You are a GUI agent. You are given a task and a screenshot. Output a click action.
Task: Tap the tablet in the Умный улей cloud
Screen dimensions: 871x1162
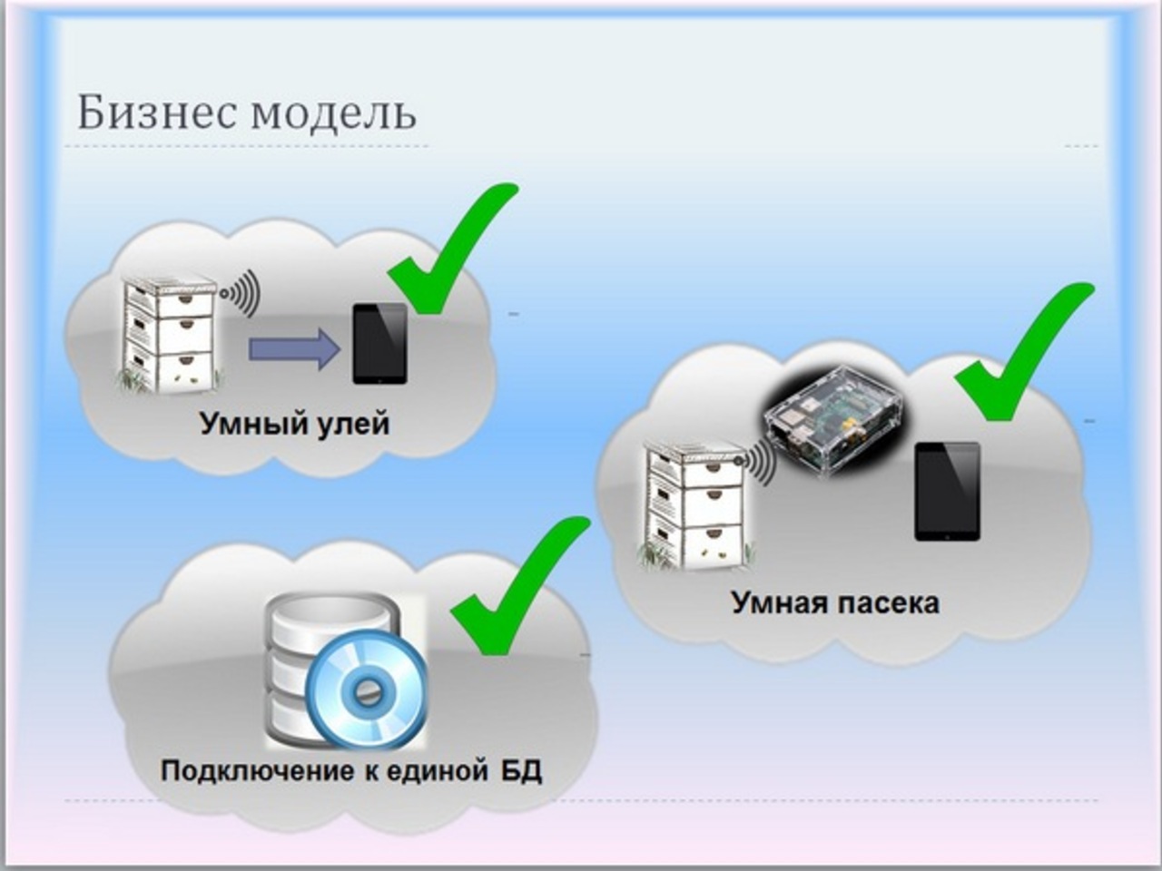click(x=380, y=344)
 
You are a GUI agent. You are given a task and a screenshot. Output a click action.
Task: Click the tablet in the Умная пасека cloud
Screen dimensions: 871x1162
click(x=947, y=491)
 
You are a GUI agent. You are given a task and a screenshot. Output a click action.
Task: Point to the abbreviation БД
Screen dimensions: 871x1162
click(x=521, y=771)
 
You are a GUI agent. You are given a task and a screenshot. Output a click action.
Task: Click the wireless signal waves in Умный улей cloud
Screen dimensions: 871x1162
click(x=241, y=292)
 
